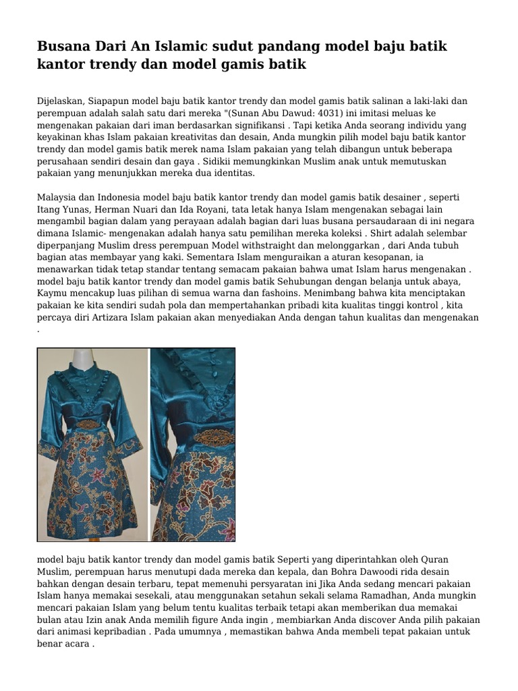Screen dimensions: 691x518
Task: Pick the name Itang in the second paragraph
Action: click(x=49, y=209)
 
